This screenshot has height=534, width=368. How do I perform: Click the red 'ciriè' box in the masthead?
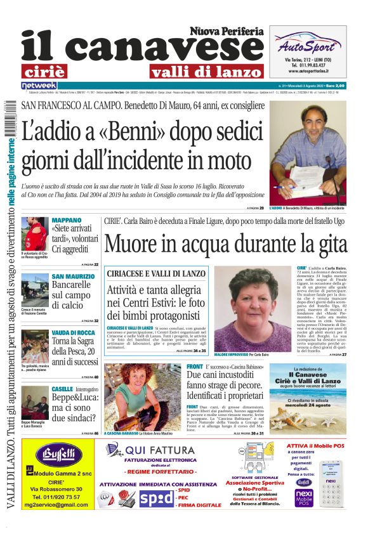[52, 70]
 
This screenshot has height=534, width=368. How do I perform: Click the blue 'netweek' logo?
[39, 85]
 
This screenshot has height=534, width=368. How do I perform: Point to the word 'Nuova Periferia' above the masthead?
[227, 31]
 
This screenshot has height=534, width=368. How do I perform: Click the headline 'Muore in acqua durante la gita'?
[225, 244]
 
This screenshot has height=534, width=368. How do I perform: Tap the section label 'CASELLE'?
[62, 388]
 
